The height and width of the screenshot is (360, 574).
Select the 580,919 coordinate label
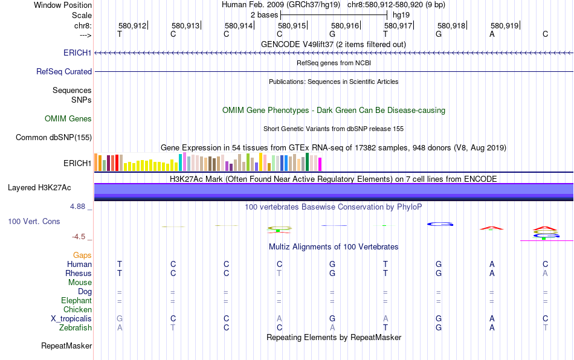pos(505,26)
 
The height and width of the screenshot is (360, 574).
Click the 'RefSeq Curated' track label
pos(64,71)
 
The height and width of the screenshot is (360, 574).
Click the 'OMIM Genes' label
pos(68,118)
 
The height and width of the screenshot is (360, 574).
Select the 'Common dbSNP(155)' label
pos(54,137)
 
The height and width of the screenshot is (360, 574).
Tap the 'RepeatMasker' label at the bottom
pos(66,346)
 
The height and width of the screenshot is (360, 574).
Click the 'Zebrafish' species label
pos(75,327)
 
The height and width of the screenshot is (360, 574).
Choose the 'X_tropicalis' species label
pos(71,318)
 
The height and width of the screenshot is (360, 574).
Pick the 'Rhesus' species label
pos(79,273)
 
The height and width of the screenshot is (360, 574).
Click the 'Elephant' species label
pos(76,300)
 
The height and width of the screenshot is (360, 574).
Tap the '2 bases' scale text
pos(264,14)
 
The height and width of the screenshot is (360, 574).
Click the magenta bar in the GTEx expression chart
pos(320,164)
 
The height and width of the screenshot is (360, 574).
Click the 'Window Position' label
pos(63,5)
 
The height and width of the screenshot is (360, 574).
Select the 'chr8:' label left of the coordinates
pos(83,26)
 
